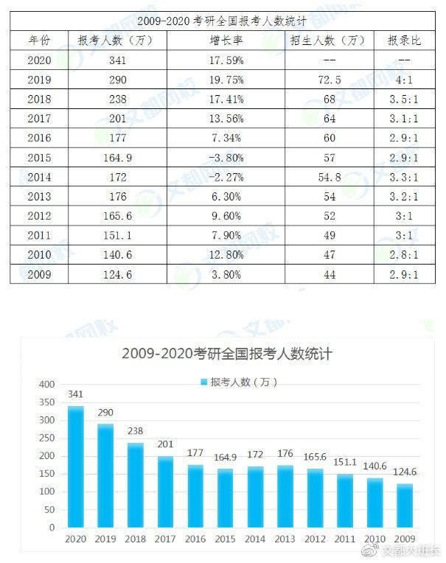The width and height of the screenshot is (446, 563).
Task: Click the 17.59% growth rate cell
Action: tap(225, 59)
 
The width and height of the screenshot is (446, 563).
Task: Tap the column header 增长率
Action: tap(225, 40)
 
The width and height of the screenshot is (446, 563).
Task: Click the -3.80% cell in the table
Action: tap(225, 157)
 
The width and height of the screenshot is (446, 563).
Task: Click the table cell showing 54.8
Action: tap(329, 176)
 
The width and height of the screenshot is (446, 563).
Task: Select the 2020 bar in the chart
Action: tap(76, 466)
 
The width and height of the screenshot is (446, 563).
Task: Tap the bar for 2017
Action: tap(166, 492)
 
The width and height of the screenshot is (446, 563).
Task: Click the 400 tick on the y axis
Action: tap(46, 385)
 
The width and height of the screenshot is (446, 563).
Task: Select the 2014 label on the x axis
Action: tap(256, 539)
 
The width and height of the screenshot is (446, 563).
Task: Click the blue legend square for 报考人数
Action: tap(204, 382)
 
